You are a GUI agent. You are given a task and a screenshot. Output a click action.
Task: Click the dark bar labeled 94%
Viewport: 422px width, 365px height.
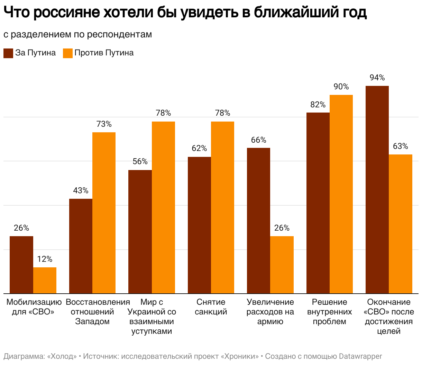[x=377, y=190]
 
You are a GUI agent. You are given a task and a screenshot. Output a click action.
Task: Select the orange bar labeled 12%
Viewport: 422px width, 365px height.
[x=45, y=281]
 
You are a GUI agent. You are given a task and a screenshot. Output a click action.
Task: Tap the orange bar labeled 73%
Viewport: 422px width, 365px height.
[x=104, y=213]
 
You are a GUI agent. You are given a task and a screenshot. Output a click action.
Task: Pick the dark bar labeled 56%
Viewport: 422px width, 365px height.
[x=140, y=232]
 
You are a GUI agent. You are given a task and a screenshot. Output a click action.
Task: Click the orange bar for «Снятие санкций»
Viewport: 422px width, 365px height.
[x=222, y=207]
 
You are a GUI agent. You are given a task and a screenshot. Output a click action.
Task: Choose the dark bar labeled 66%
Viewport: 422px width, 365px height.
[x=258, y=221]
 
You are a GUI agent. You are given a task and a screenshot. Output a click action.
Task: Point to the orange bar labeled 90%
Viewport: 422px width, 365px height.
[x=341, y=194]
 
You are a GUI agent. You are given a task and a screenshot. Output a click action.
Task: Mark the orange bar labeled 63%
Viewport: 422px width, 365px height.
[x=401, y=224]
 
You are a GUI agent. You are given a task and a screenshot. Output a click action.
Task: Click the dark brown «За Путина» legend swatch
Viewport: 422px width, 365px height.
[x=8, y=53]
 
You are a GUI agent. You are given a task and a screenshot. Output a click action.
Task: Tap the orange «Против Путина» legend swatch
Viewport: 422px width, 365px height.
[x=68, y=53]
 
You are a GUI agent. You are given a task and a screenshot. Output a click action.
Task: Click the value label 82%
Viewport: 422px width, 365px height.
[x=318, y=105]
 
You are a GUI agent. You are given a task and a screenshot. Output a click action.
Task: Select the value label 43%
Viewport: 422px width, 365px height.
[x=81, y=190]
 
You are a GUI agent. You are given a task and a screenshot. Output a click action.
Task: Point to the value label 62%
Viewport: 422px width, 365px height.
[x=199, y=148]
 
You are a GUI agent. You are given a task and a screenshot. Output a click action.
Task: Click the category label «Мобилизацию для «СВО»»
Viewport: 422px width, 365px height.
[x=34, y=307]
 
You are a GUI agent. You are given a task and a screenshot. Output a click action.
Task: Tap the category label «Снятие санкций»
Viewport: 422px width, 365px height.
[x=211, y=307]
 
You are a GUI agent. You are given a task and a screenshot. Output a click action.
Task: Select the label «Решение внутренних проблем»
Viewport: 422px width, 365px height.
[x=329, y=312]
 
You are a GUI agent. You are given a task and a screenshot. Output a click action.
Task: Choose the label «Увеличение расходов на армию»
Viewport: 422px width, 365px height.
[x=270, y=312]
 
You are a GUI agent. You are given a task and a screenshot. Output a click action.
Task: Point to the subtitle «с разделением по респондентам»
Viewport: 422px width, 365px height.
[x=78, y=34]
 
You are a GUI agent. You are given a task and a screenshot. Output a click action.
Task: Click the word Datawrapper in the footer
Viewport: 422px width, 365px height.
[x=360, y=356]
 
